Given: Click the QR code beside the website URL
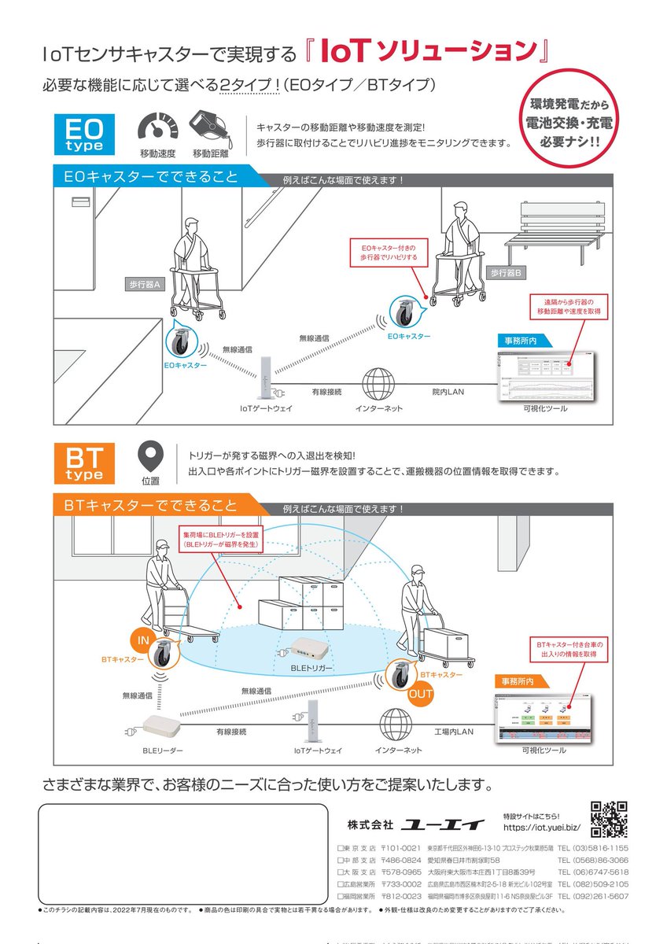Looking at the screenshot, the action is coord(609,819).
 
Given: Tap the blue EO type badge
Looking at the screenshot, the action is coord(84,133).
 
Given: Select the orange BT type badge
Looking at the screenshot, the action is coord(84,463).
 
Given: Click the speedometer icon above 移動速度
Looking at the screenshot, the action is coord(158,128).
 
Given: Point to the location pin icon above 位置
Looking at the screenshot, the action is coord(150,456).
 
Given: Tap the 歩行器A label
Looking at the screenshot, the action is coord(145,285).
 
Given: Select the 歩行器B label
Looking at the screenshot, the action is coord(507,273).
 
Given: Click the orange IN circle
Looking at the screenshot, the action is coord(143,640).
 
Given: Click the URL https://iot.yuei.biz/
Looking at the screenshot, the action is coord(541,828).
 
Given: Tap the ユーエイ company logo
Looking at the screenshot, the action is coord(443,824).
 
